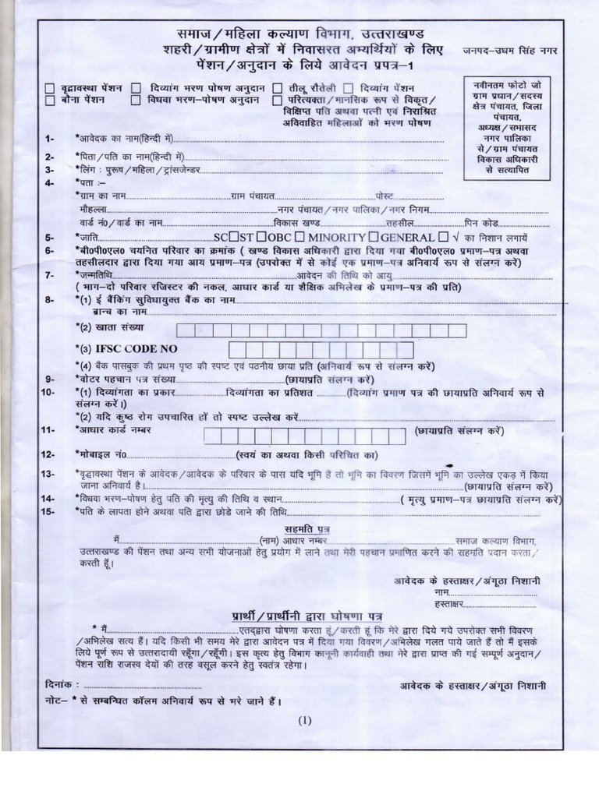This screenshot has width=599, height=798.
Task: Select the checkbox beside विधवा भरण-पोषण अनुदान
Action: [x=136, y=101]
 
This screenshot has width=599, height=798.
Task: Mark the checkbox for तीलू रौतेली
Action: [x=277, y=88]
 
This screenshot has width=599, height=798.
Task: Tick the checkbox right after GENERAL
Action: [x=443, y=237]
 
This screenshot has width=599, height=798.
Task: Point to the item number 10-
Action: [x=48, y=393]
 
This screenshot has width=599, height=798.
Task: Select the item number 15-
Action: [x=48, y=511]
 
